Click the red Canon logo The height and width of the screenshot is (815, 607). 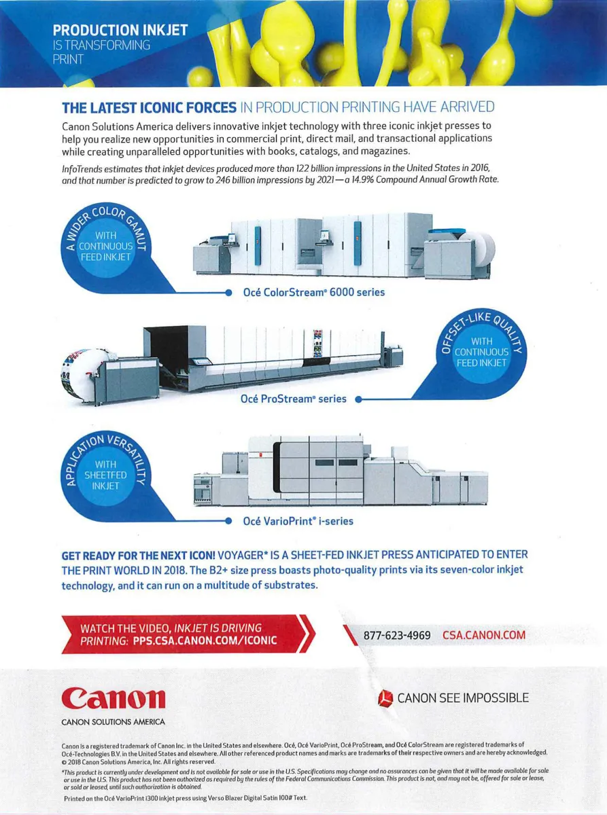[114, 698]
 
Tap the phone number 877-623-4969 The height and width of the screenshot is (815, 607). [396, 635]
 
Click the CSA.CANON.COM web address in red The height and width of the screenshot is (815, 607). [483, 635]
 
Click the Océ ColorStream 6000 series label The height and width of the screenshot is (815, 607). [314, 292]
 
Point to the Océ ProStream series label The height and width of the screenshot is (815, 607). [294, 399]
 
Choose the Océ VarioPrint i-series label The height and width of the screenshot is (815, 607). [298, 522]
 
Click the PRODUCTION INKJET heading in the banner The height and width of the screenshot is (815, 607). [120, 31]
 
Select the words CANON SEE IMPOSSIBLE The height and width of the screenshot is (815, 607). [462, 698]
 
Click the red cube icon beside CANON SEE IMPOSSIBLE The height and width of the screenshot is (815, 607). [385, 698]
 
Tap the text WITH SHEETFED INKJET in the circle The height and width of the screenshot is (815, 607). [105, 475]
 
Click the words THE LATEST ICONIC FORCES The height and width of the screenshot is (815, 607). [149, 107]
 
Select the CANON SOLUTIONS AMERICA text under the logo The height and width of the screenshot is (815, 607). [113, 721]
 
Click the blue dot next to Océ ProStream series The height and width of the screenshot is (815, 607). [358, 399]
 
